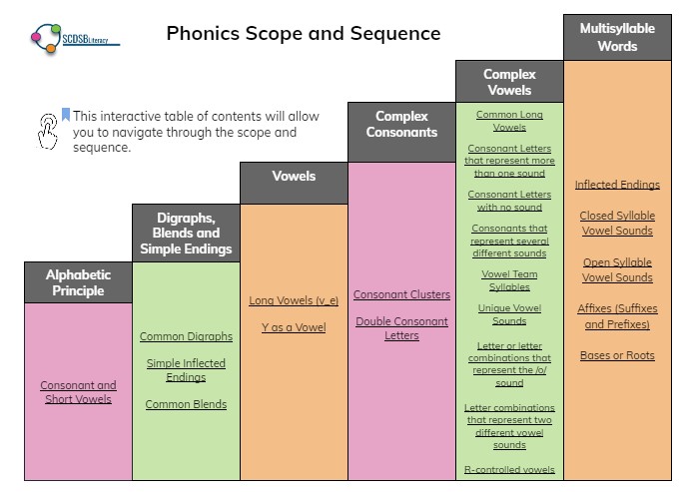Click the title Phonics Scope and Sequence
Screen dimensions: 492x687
pos(303,33)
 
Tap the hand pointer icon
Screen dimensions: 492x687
pos(48,130)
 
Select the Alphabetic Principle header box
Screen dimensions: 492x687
pos(78,282)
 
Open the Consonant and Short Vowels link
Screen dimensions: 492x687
pos(78,392)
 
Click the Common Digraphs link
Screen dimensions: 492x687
pos(186,337)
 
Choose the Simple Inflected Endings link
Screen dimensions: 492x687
pos(186,370)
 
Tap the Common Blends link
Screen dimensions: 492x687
pos(186,405)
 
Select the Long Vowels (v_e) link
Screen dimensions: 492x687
pos(294,300)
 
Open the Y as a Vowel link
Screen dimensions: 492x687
pos(294,327)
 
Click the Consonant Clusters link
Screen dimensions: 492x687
pos(401,295)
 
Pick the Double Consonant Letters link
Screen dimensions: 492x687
pos(401,328)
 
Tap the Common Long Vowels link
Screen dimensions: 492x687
pos(509,121)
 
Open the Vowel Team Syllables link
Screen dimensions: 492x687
pos(509,280)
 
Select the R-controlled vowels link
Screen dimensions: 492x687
pos(509,469)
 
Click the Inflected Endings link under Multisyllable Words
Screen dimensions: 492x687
pos(617,185)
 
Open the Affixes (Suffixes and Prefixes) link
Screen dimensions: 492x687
pos(617,316)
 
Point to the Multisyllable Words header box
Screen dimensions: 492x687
pos(617,38)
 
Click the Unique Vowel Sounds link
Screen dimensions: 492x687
pos(509,314)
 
